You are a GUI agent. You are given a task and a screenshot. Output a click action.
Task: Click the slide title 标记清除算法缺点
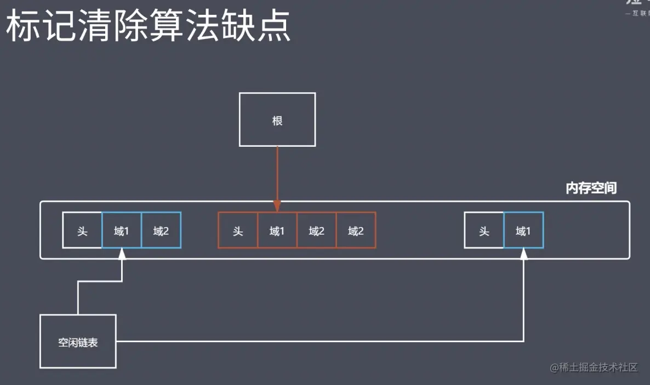[x=148, y=27]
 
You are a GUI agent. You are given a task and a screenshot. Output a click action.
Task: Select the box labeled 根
[x=277, y=120]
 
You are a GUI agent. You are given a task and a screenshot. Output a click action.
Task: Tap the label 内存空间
[x=591, y=188]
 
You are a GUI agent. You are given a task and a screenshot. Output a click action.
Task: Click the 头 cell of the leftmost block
[x=82, y=230]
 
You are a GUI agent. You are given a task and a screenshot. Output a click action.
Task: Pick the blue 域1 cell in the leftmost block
[x=122, y=230]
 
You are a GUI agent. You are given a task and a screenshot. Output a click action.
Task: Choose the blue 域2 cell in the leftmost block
[x=161, y=230]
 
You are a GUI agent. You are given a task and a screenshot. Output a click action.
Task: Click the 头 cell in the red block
[x=238, y=230]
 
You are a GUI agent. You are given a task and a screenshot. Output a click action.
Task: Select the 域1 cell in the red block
[x=277, y=230]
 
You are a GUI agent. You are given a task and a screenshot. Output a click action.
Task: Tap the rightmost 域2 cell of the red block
[x=356, y=230]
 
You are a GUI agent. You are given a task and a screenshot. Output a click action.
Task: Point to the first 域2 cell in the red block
[x=317, y=230]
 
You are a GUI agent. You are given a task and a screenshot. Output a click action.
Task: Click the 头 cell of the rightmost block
[x=484, y=230]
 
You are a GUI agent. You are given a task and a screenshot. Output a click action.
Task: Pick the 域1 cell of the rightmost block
[x=523, y=230]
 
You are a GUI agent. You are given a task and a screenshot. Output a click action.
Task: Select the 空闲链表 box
[x=78, y=341]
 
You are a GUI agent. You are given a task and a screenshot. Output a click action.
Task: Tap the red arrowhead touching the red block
[x=277, y=206]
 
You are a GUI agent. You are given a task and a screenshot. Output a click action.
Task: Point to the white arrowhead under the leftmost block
[x=122, y=254]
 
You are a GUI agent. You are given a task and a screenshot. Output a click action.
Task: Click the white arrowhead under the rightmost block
[x=523, y=254]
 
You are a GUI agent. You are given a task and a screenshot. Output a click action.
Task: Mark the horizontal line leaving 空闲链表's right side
[x=318, y=342]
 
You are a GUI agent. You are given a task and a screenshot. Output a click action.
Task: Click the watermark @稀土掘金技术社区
[x=595, y=367]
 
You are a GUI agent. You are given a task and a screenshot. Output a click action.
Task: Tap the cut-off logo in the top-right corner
[x=637, y=7]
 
